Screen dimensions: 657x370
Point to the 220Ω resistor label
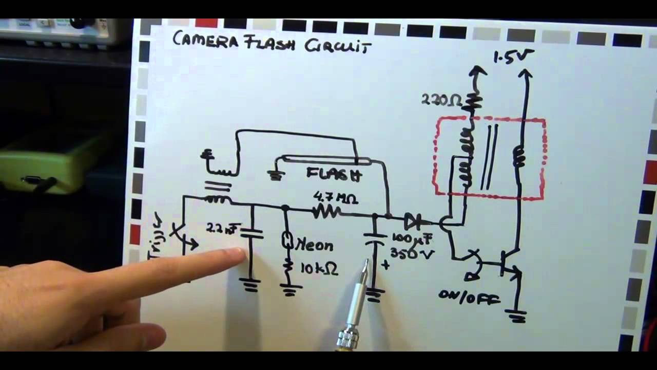click(442, 99)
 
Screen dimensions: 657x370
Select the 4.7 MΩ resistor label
click(336, 198)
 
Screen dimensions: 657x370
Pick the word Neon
click(315, 246)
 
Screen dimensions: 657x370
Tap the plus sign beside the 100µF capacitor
click(385, 265)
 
